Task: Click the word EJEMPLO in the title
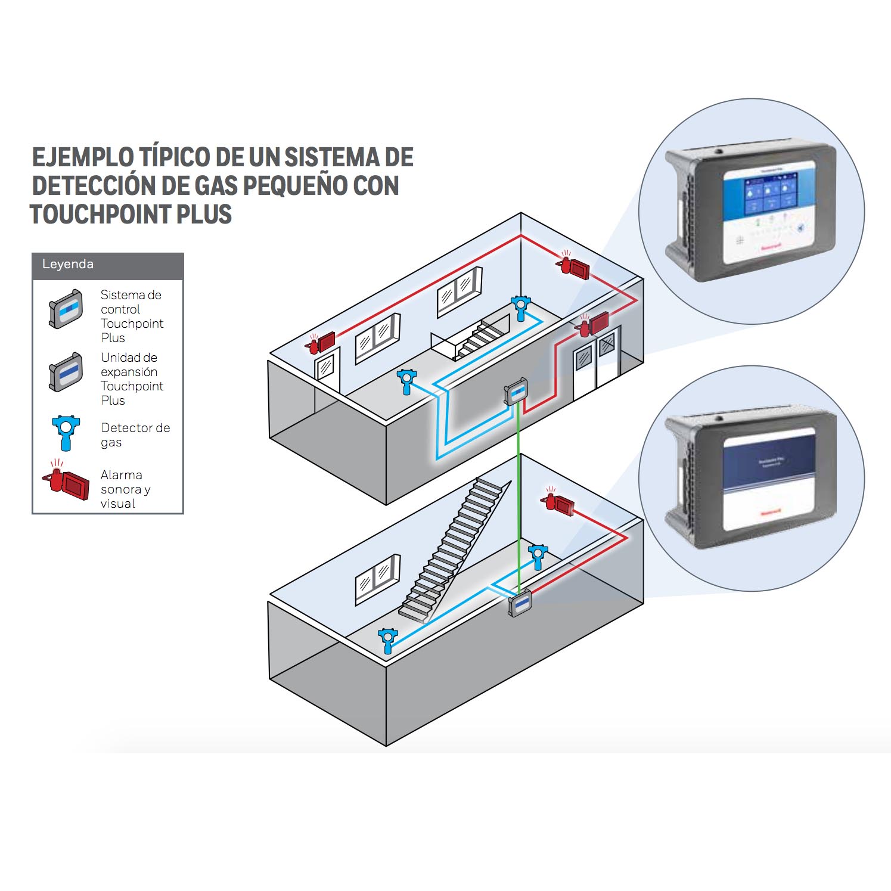pyautogui.click(x=83, y=157)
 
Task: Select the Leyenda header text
pyautogui.click(x=68, y=264)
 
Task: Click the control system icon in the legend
pyautogui.click(x=66, y=309)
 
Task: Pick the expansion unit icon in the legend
pyautogui.click(x=66, y=372)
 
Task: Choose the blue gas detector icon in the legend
pyautogui.click(x=66, y=432)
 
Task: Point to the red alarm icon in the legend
pyautogui.click(x=67, y=482)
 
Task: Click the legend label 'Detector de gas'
pyautogui.click(x=135, y=435)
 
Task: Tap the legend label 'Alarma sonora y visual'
pyautogui.click(x=125, y=489)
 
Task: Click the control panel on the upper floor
pyautogui.click(x=516, y=392)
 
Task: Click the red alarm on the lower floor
pyautogui.click(x=558, y=502)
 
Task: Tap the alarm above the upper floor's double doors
pyautogui.click(x=594, y=324)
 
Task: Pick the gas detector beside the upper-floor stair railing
pyautogui.click(x=521, y=306)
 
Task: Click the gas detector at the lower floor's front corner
pyautogui.click(x=387, y=639)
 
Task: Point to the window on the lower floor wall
pyautogui.click(x=377, y=578)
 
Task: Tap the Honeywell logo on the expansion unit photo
pyautogui.click(x=772, y=513)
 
